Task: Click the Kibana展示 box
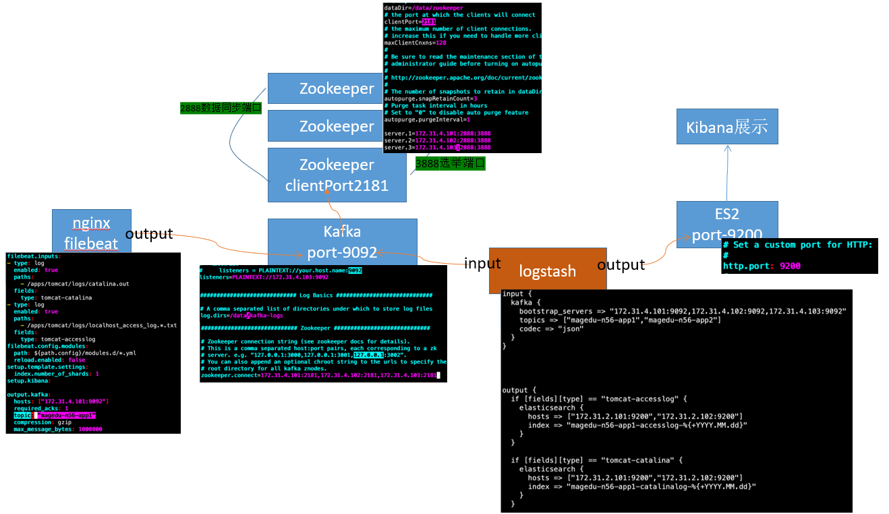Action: click(727, 126)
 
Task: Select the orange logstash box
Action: click(547, 271)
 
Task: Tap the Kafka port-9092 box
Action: click(342, 241)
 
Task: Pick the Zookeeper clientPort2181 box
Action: click(337, 175)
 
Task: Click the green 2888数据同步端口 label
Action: click(221, 107)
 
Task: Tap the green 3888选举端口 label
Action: click(450, 163)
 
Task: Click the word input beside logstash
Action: click(482, 263)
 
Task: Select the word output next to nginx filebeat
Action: click(149, 234)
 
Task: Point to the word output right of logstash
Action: click(621, 264)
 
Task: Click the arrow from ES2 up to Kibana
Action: click(728, 172)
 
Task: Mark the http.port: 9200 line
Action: click(762, 266)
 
